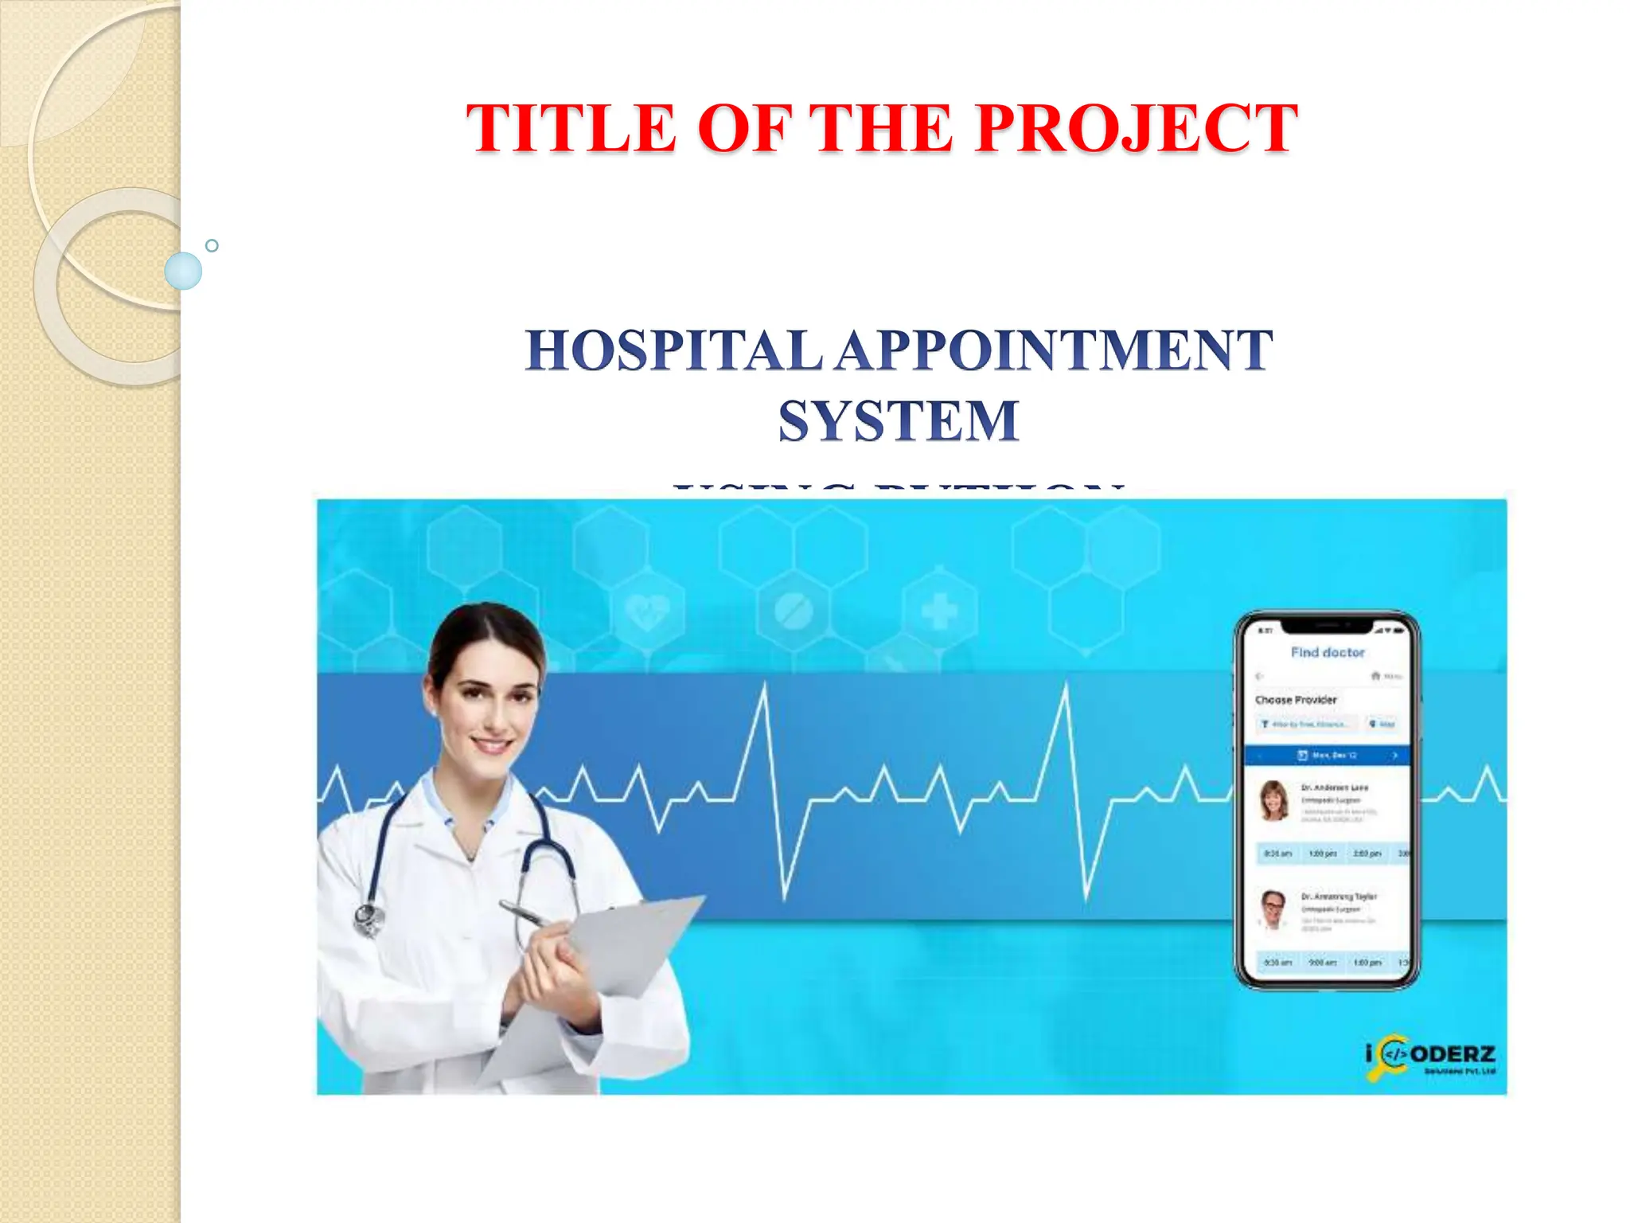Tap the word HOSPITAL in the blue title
point(673,350)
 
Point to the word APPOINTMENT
point(1054,350)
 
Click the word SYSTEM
point(899,420)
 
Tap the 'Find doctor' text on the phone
point(1327,652)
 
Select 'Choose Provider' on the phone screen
point(1296,700)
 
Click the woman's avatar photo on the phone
point(1274,800)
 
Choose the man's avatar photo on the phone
point(1273,909)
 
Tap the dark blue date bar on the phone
point(1327,754)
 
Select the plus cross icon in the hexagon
point(939,611)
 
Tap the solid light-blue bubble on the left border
point(183,271)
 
